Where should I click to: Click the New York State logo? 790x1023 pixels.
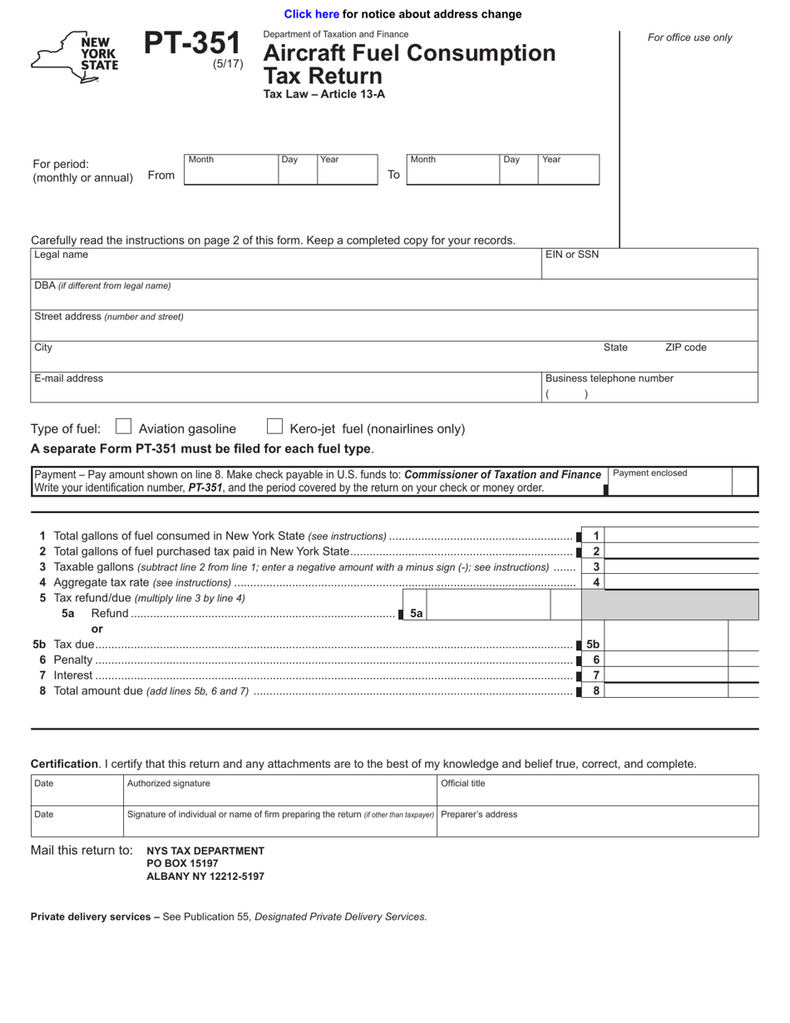[x=76, y=57]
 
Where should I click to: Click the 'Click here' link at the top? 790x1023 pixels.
[x=311, y=14]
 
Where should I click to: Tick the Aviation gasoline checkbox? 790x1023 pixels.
[x=123, y=427]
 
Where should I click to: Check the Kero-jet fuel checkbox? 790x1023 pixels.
[x=274, y=427]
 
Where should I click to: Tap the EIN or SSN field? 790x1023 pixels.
[x=649, y=266]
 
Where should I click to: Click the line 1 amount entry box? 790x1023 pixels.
[x=682, y=536]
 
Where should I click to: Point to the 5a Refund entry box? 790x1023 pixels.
[x=491, y=613]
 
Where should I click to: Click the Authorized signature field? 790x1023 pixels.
[x=279, y=790]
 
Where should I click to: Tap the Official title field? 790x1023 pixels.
[x=597, y=790]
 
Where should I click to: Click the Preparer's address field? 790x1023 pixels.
[x=597, y=822]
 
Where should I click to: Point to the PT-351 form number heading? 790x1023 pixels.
[x=192, y=44]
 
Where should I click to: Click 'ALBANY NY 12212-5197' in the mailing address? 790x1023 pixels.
[x=205, y=877]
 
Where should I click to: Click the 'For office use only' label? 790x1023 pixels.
[x=689, y=37]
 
